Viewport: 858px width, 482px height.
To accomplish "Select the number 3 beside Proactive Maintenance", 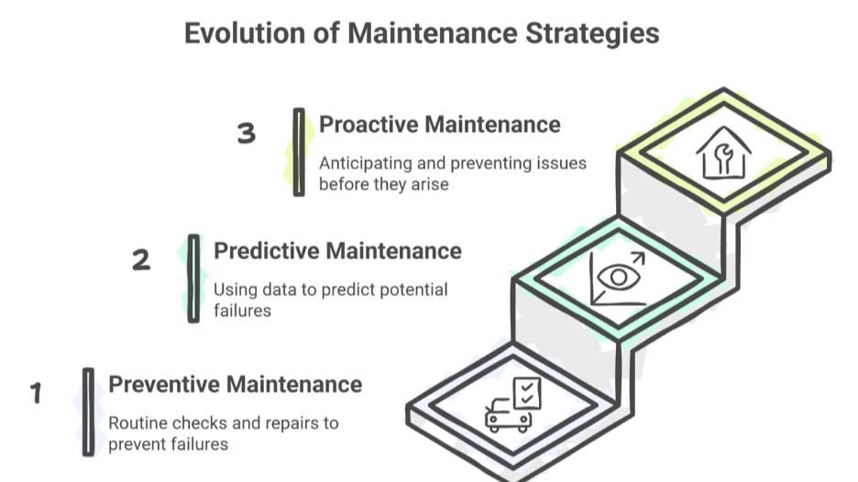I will coord(246,134).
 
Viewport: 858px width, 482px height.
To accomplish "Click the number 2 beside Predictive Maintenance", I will coord(140,260).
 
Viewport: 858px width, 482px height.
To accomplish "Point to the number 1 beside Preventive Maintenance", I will coord(36,394).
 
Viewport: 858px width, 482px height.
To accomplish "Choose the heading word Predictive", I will coord(267,250).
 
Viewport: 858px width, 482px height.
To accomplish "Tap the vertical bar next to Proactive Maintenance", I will coord(299,152).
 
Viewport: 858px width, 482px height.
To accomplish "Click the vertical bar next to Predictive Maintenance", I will coord(193,278).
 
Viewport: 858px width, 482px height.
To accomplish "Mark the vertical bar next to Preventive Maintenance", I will coord(88,411).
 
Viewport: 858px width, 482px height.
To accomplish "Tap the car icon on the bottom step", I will coord(507,415).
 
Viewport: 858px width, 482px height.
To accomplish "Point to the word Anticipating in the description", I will coord(364,164).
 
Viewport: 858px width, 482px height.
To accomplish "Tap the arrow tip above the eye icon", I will coord(641,257).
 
